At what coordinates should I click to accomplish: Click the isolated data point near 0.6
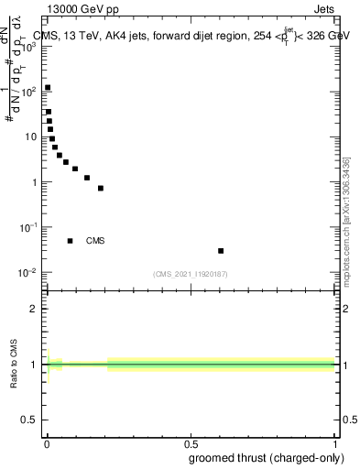(221, 250)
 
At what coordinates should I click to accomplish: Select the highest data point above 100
(48, 88)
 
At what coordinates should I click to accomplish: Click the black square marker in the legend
(70, 241)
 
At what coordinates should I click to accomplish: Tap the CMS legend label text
(95, 241)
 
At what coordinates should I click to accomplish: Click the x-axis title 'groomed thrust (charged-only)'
(272, 457)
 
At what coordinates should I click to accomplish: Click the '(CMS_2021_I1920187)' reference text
(191, 274)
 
